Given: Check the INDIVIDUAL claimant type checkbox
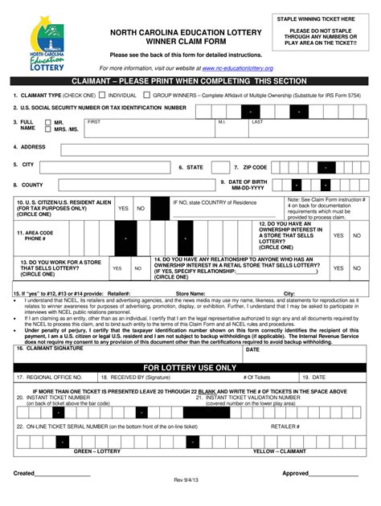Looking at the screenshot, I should coord(104,95).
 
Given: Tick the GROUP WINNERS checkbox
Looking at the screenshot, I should coord(148,95).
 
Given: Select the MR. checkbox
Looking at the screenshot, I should coord(48,122).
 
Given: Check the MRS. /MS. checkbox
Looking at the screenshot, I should coord(48,129).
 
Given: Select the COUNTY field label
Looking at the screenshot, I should coord(33,185).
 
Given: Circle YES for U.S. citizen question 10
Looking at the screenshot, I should coord(123,208).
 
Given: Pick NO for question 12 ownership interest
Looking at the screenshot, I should coord(357,236).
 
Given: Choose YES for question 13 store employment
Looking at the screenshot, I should coord(117,268).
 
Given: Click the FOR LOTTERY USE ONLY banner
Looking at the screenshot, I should coord(190,367).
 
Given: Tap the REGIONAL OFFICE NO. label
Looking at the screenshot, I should coord(51,377).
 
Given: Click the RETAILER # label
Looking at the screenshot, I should coord(285,426).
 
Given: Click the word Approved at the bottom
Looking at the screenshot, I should coord(296,473).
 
